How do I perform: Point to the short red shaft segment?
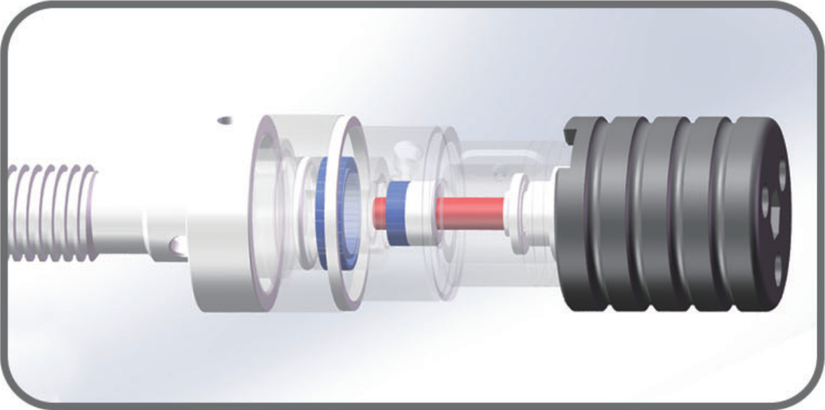[x=380, y=210]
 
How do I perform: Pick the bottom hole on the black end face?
[x=777, y=265]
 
